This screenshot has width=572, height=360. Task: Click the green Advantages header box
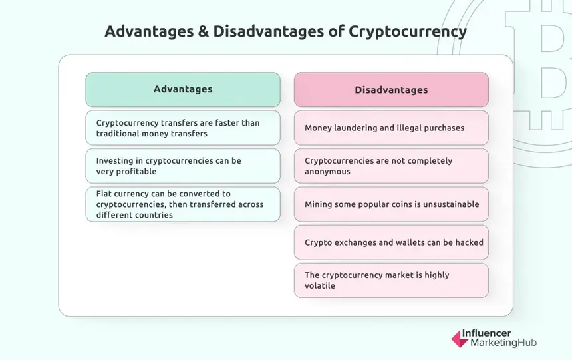pos(183,89)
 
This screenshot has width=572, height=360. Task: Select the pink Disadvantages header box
pos(391,90)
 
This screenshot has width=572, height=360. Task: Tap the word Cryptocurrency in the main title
pos(408,31)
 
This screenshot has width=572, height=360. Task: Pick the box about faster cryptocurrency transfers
pos(183,128)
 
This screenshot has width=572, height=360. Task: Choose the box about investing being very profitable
pos(183,166)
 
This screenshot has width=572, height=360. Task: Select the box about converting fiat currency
pos(183,204)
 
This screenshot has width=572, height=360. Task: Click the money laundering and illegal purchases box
pos(391,128)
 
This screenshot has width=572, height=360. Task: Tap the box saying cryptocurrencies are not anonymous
pos(391,166)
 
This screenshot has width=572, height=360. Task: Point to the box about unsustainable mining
pos(391,204)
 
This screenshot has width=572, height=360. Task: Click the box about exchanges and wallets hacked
pos(391,242)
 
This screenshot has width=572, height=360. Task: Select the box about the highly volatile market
pos(391,280)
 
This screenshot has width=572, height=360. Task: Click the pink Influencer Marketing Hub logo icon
pos(459,338)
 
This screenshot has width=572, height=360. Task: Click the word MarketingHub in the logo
pos(503,343)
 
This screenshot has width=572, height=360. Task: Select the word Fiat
pos(105,194)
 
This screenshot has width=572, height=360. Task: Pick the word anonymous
pos(327,171)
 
